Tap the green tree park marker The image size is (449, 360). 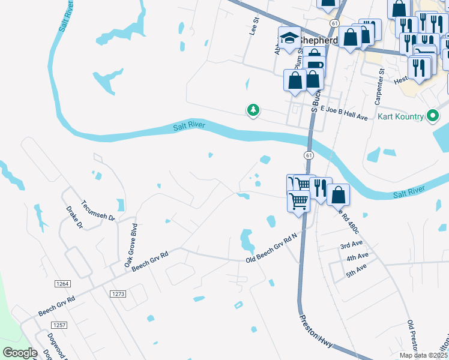pyautogui.click(x=253, y=110)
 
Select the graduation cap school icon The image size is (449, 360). pyautogui.click(x=289, y=37)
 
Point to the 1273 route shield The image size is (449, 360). pyautogui.click(x=118, y=293)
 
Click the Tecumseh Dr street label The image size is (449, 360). pyautogui.click(x=98, y=211)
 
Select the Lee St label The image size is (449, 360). pyautogui.click(x=254, y=26)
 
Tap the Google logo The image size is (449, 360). pyautogui.click(x=20, y=352)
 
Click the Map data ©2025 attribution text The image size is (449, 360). pyautogui.click(x=423, y=355)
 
